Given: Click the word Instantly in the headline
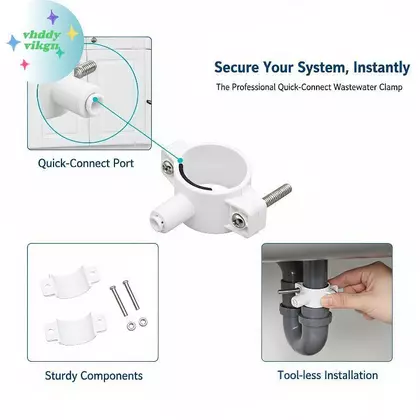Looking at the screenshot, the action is point(381,67).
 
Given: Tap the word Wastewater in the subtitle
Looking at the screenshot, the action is point(355,87).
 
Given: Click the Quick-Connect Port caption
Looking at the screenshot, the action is point(86,163).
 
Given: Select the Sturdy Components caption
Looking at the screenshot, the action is point(94,376).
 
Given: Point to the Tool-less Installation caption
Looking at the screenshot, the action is point(328,375).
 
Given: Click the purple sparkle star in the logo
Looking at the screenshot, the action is point(53,17).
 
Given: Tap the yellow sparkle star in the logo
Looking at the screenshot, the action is point(72,33).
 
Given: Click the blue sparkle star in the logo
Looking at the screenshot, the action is point(14,43).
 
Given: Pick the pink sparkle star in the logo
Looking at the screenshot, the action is point(25,64).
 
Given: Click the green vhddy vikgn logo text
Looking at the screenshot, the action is point(41,40).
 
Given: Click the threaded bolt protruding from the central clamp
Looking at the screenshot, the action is point(277,194).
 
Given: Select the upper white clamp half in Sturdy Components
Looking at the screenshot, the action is point(70,282).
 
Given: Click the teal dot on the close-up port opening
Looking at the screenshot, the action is point(95,99).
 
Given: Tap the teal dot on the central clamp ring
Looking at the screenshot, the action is point(180,160).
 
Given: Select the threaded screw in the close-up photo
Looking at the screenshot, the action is point(85,69).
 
